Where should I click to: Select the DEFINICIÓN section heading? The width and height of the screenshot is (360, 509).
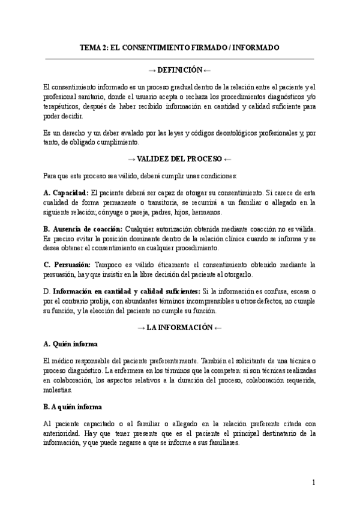click(180, 70)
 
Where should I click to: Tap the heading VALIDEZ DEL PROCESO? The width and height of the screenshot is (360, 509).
click(180, 159)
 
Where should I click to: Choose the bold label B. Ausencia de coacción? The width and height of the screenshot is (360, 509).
click(83, 229)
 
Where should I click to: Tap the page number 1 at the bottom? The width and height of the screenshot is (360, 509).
click(314, 482)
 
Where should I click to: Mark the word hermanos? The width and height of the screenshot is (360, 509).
click(206, 212)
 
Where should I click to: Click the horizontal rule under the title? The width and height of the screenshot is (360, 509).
click(180, 59)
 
